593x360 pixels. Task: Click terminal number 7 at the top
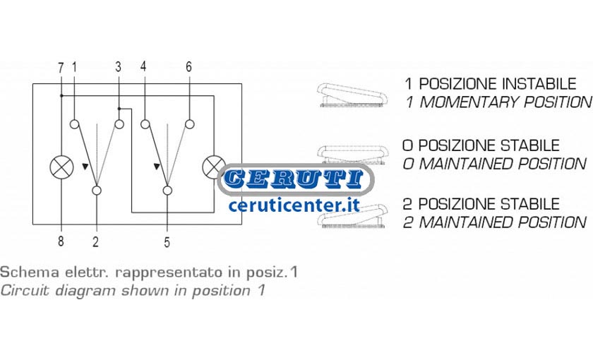[61, 68]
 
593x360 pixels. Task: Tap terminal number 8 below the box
[61, 241]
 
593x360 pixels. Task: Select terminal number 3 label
[119, 67]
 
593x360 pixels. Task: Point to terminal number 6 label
[188, 66]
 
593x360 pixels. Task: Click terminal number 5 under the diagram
[167, 242]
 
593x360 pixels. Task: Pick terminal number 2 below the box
[96, 241]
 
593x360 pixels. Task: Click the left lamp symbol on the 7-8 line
[61, 167]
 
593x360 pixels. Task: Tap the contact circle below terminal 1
[75, 124]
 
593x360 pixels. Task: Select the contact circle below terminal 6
[190, 124]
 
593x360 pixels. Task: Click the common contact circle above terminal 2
[97, 190]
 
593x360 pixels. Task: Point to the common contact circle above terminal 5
[167, 190]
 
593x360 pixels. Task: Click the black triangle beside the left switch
[85, 166]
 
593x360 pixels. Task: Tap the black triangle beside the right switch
[157, 166]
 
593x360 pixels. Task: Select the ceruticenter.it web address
[294, 205]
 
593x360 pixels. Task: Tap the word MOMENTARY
[468, 102]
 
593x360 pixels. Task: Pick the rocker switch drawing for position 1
[352, 95]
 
